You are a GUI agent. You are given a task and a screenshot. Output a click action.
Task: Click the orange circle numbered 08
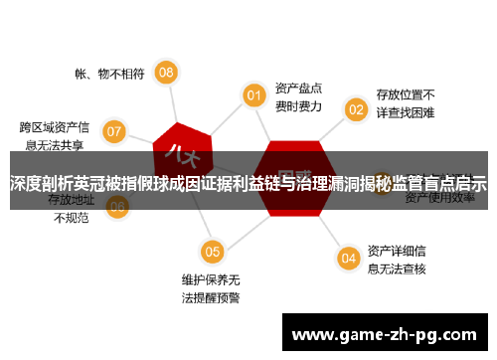point(167,72)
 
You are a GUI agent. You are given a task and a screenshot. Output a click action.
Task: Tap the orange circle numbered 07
point(114,130)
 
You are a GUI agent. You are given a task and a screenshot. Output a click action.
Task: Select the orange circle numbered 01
point(254,94)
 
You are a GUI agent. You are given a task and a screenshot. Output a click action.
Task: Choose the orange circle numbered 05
point(211,251)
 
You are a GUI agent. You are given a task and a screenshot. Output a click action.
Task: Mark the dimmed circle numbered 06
point(117,207)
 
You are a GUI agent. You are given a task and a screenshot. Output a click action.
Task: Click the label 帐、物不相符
point(109,73)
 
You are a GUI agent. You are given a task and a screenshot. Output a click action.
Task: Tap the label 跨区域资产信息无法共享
point(55,135)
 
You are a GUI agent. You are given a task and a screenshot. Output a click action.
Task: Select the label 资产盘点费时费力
point(299,94)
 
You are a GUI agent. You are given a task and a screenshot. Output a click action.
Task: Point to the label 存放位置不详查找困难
point(405,104)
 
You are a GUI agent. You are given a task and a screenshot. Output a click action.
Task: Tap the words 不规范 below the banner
point(71,217)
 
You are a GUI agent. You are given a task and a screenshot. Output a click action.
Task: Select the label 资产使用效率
point(437,198)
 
